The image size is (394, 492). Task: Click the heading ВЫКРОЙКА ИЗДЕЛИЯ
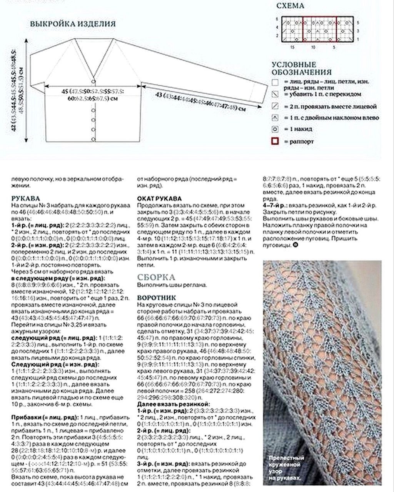click(x=73, y=23)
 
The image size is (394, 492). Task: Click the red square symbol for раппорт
click(x=275, y=141)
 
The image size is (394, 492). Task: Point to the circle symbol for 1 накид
click(x=275, y=129)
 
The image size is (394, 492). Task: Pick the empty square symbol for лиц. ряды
click(x=275, y=82)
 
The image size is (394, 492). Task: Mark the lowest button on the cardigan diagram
click(x=93, y=139)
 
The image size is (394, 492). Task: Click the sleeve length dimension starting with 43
click(x=200, y=101)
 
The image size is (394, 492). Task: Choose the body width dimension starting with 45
click(x=92, y=95)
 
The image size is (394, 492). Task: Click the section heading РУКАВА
click(x=26, y=199)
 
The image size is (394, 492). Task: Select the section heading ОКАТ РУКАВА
click(x=159, y=199)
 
